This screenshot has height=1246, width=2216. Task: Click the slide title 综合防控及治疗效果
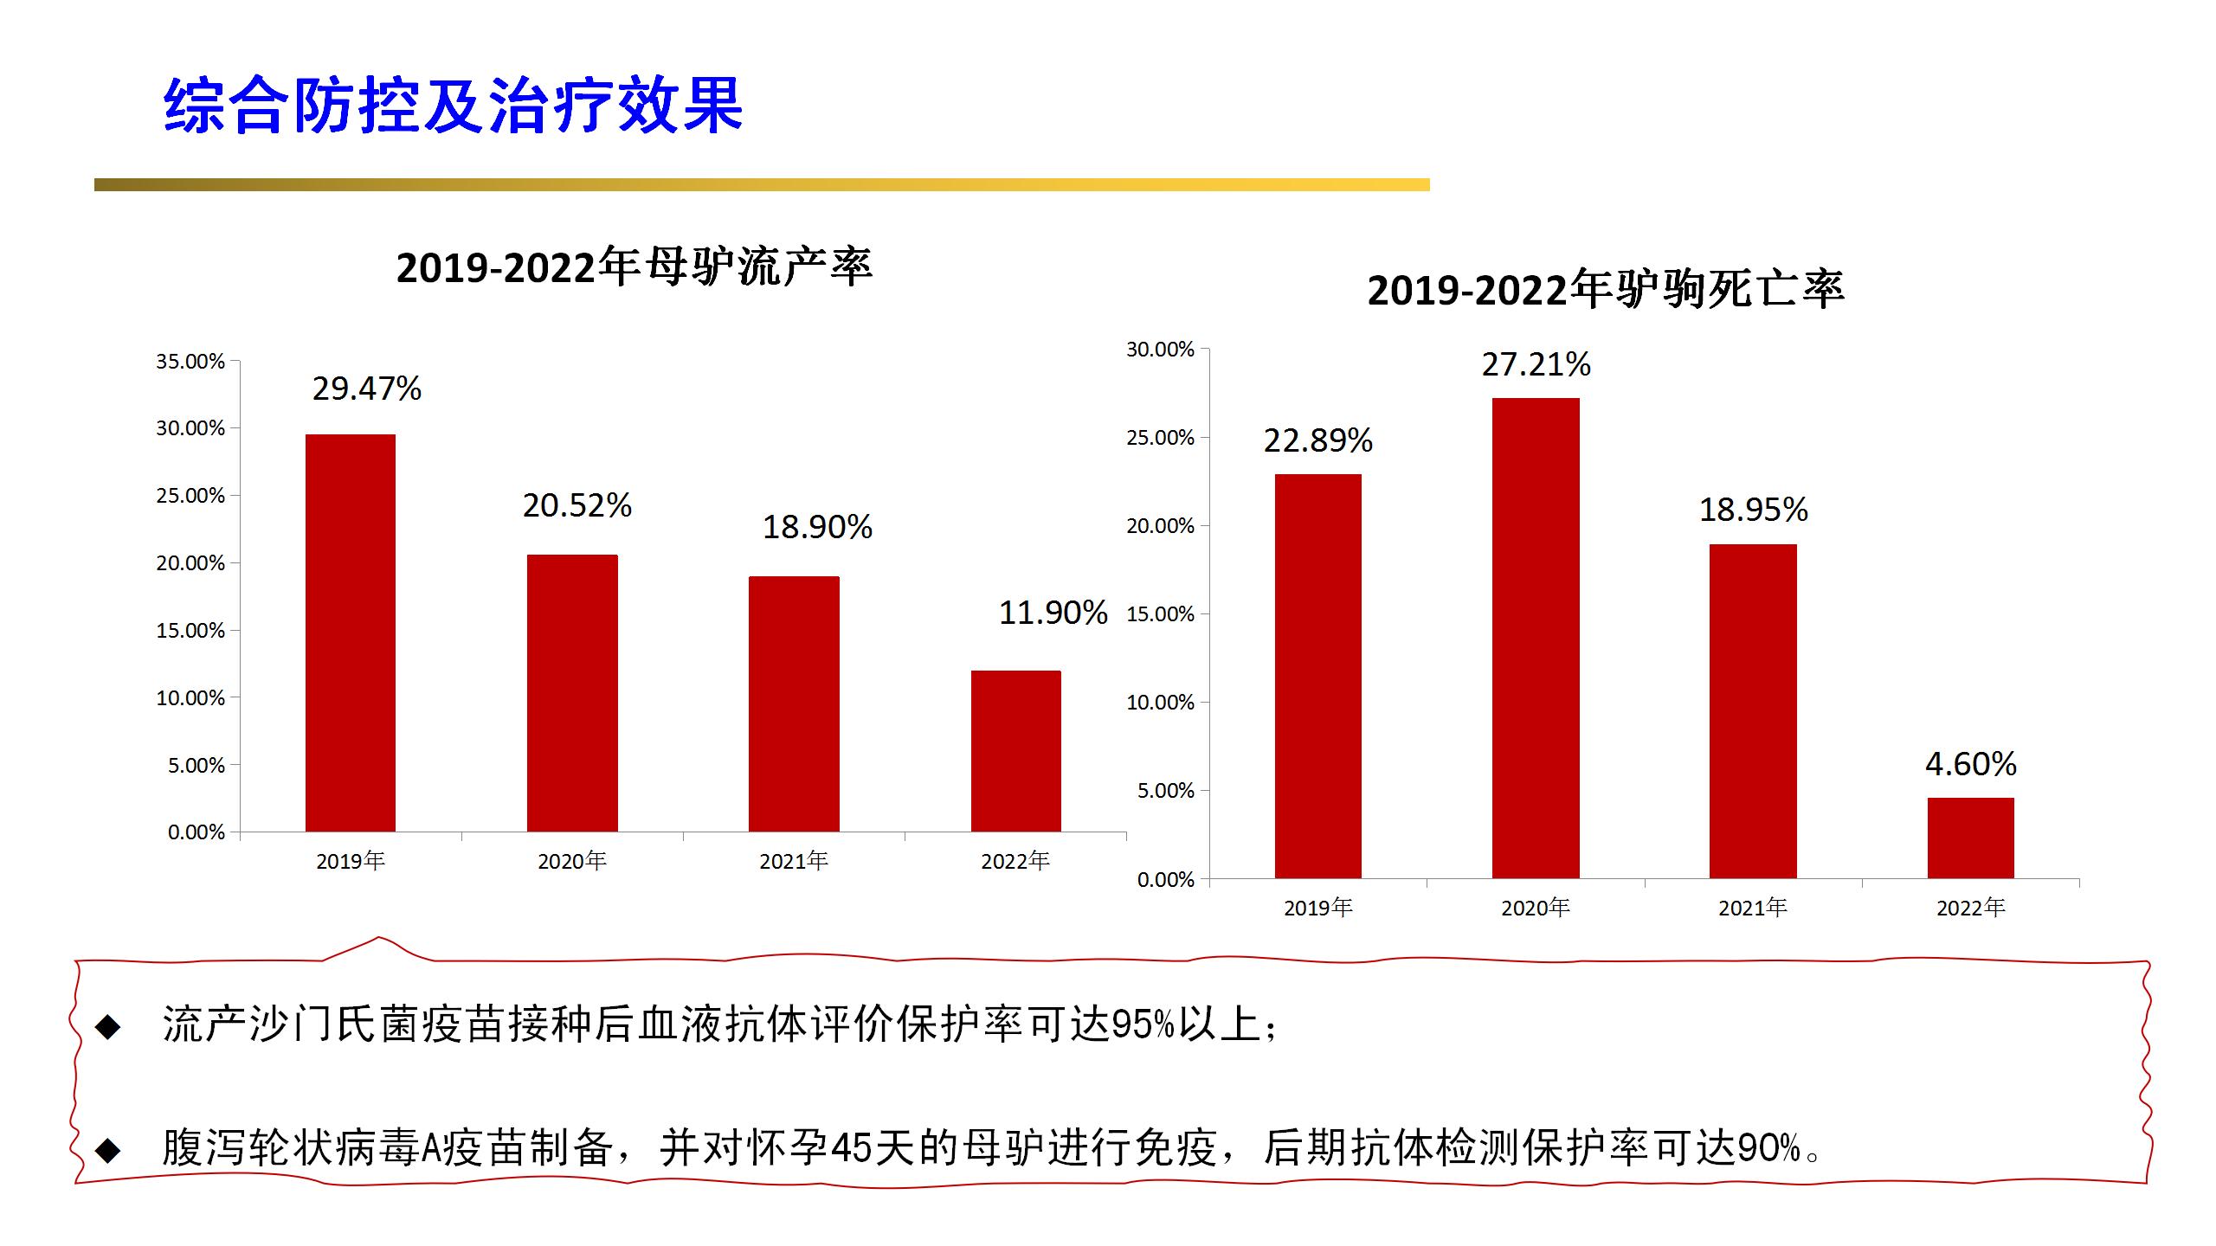pyautogui.click(x=453, y=106)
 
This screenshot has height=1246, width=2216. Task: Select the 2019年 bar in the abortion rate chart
pyautogui.click(x=351, y=633)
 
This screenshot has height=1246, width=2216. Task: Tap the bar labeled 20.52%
pyautogui.click(x=572, y=693)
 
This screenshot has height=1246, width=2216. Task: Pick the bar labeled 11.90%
pyautogui.click(x=1015, y=751)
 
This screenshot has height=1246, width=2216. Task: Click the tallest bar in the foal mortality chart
pyautogui.click(x=1536, y=639)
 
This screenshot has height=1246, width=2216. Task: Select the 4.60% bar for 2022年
pyautogui.click(x=1971, y=838)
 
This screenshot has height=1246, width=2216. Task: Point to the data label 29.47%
pyautogui.click(x=367, y=389)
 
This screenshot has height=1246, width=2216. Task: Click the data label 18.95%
pyautogui.click(x=1754, y=511)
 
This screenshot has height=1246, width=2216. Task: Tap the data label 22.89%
pyautogui.click(x=1317, y=441)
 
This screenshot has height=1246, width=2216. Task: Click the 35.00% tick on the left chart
pyautogui.click(x=190, y=362)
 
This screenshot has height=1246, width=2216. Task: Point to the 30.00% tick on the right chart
pyautogui.click(x=1160, y=350)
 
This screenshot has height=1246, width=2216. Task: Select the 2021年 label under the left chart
pyautogui.click(x=794, y=861)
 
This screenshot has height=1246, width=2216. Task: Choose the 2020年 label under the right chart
pyautogui.click(x=1536, y=908)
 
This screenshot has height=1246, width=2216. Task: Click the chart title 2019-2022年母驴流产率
pyautogui.click(x=635, y=267)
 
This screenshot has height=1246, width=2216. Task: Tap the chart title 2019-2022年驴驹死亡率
pyautogui.click(x=1606, y=290)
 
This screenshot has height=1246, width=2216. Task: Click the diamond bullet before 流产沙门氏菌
pyautogui.click(x=108, y=1027)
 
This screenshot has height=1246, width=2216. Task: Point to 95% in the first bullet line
pyautogui.click(x=1143, y=1025)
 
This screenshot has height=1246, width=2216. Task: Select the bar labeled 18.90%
pyautogui.click(x=794, y=703)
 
